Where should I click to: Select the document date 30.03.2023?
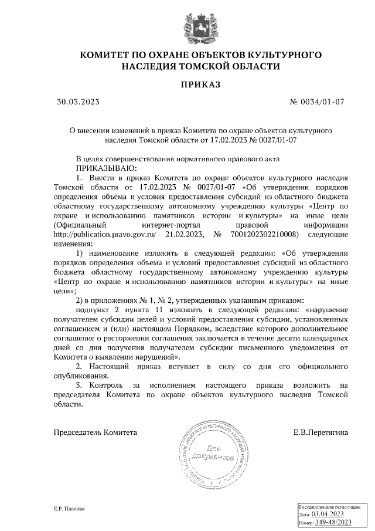(x=78, y=102)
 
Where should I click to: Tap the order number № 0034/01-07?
(x=316, y=102)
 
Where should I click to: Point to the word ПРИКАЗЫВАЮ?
(x=95, y=168)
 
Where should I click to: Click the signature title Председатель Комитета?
(x=96, y=432)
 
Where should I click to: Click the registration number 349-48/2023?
(x=333, y=522)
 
